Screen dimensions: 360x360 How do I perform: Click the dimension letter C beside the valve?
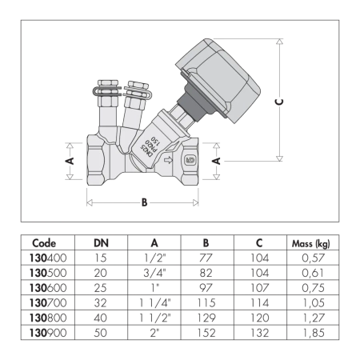279,102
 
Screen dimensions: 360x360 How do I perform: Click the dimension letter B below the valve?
144,202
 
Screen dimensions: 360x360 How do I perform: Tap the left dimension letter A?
70,161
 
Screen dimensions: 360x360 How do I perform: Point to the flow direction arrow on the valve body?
168,160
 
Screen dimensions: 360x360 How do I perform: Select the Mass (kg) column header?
311,243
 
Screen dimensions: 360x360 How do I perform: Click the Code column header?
44,243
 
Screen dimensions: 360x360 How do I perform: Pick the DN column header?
101,243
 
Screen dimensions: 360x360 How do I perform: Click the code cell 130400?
48,258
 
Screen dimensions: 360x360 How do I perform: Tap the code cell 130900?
48,333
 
